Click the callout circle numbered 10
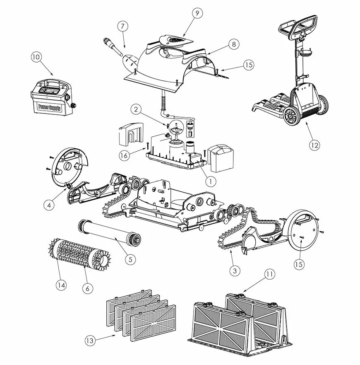36,57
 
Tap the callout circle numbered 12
314,145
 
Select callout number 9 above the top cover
197,13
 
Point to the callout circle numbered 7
122,26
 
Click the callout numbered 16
124,155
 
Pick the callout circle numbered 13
90,341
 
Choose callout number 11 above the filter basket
269,274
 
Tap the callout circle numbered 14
61,285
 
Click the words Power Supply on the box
49,108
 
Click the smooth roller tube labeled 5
109,232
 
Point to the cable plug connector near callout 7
112,47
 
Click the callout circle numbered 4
49,205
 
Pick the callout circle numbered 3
235,271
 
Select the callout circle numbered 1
211,181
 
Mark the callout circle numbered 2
136,109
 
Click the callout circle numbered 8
234,44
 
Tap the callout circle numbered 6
87,288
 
